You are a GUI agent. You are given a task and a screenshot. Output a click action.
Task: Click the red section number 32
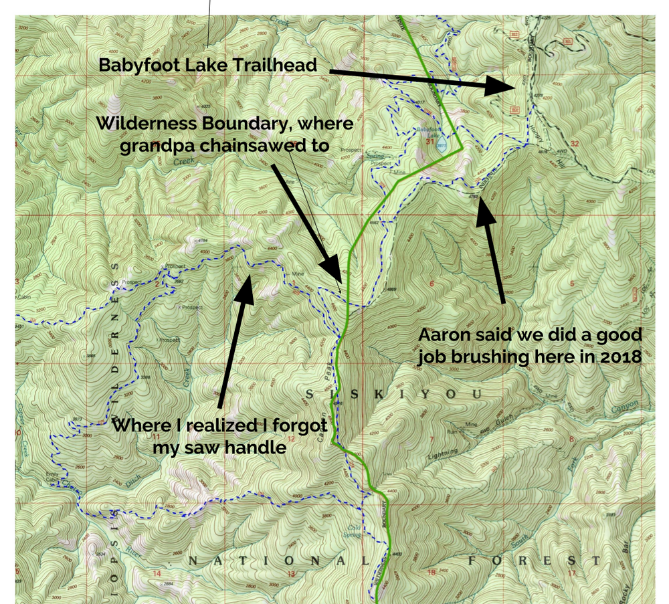574,144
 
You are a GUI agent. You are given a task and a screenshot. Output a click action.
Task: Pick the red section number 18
431,573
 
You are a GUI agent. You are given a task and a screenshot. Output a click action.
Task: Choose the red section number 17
571,573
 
